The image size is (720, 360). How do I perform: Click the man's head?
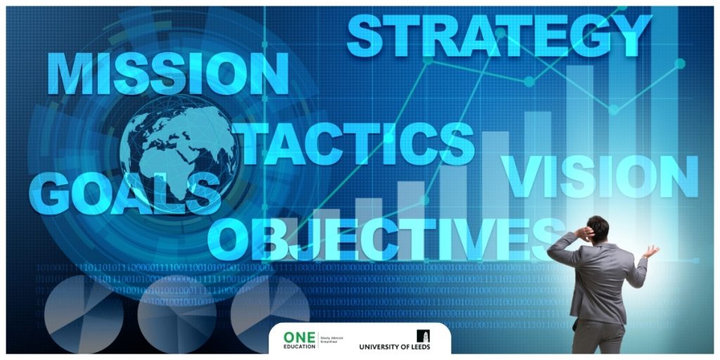tap(598, 229)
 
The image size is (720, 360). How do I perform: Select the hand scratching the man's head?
tap(582, 231)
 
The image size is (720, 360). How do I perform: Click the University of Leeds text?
tap(394, 347)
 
